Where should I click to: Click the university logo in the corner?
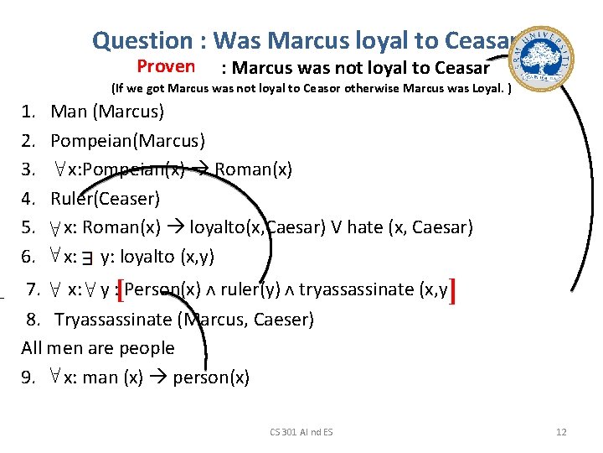[x=546, y=52]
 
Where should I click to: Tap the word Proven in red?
[x=166, y=66]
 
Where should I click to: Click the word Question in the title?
[x=142, y=39]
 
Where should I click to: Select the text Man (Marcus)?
[x=107, y=111]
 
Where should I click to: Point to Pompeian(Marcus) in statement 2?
[x=127, y=140]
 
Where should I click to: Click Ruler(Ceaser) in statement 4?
[x=105, y=199]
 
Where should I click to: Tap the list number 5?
[x=28, y=227]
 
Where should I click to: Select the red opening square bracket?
[x=121, y=291]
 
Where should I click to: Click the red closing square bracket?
[x=452, y=291]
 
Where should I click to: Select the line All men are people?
[x=98, y=348]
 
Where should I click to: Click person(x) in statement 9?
[x=211, y=377]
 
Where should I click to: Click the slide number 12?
[x=561, y=431]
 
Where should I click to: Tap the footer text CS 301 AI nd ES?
[x=301, y=431]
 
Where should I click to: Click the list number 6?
[x=28, y=257]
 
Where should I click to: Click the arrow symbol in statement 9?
[x=157, y=377]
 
